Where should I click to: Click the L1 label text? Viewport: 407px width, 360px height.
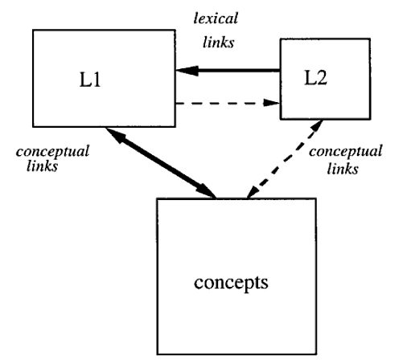point(90,80)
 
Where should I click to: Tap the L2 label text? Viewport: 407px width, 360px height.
point(315,78)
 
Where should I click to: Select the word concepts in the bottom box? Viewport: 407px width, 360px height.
point(231,283)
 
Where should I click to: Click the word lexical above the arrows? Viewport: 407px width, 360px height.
point(216,18)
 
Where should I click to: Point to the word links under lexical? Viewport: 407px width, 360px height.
point(219,43)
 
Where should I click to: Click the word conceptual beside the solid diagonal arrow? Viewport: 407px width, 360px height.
point(52,152)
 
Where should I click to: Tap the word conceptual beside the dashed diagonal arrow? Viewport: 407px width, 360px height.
point(346,152)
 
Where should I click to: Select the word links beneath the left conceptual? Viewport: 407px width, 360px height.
point(43,166)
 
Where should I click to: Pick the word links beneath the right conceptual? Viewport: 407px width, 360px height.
point(343,169)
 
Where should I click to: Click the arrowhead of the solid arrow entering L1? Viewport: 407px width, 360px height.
point(187,71)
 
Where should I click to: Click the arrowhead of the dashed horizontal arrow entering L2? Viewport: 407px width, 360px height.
point(272,103)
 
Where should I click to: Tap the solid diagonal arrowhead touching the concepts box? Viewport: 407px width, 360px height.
point(206,191)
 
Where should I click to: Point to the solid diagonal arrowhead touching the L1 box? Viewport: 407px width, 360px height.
point(115,134)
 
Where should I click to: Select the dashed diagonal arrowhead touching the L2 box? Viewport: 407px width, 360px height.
point(315,126)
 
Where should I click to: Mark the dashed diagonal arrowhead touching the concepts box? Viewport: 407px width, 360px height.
point(253,192)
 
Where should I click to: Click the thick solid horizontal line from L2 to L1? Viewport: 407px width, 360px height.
point(228,71)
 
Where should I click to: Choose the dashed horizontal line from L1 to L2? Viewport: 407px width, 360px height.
point(228,103)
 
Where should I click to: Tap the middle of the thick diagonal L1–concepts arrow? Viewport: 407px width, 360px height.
point(161,163)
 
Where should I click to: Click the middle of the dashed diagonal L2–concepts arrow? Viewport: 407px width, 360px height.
point(285,159)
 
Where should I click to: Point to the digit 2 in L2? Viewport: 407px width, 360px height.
point(322,78)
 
